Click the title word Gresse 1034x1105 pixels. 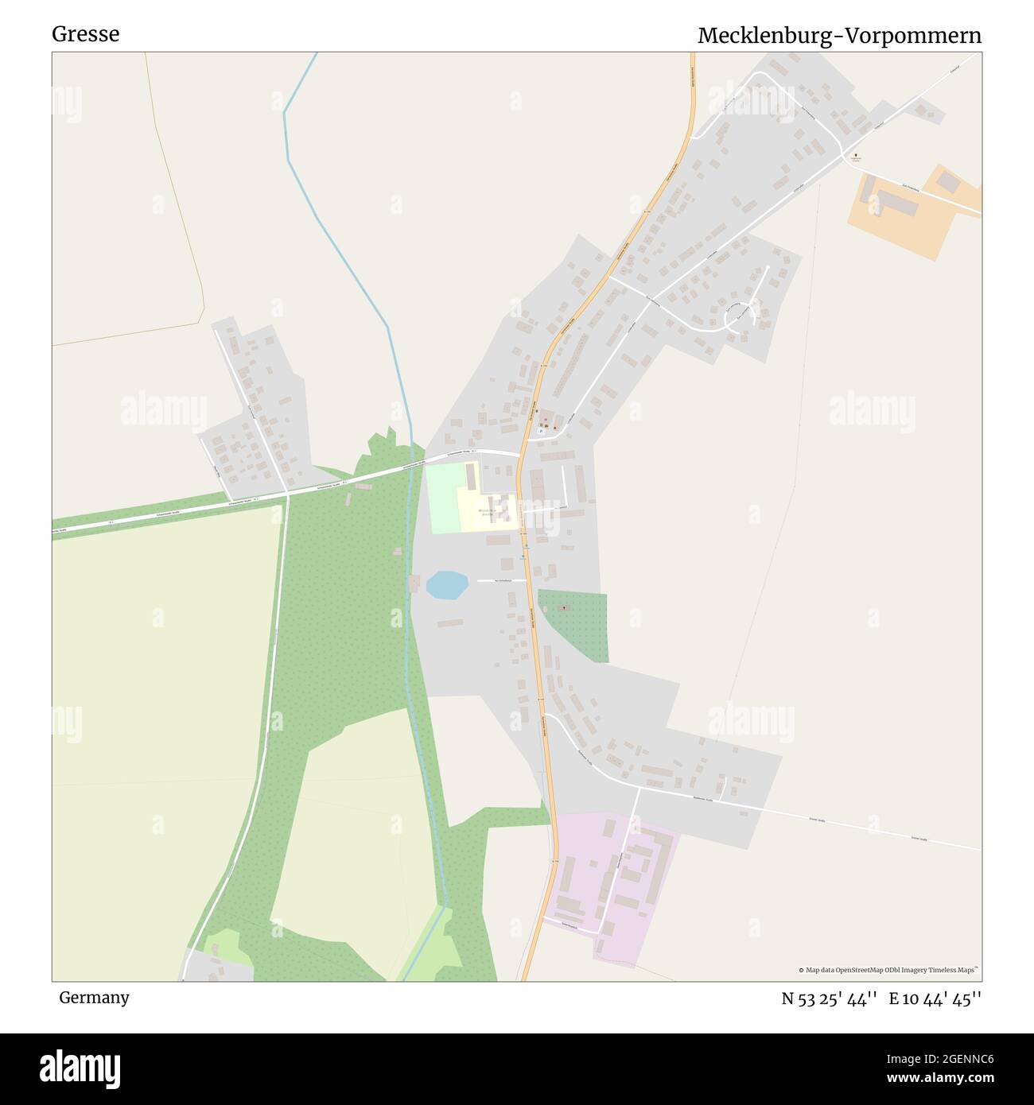click(x=86, y=34)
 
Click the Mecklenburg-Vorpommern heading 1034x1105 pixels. click(x=839, y=36)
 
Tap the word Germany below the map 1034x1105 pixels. click(x=94, y=998)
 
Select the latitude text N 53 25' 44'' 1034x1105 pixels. click(x=829, y=998)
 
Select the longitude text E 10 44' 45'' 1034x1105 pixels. click(x=935, y=998)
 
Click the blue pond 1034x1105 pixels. click(x=446, y=585)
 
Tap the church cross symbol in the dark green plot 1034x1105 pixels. click(x=565, y=608)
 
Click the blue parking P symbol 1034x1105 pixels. click(x=540, y=430)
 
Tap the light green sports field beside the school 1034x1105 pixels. click(x=441, y=497)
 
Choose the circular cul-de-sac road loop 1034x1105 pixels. click(x=740, y=317)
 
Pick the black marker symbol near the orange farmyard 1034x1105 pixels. click(x=856, y=157)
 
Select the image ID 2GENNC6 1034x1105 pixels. click(x=954, y=1058)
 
